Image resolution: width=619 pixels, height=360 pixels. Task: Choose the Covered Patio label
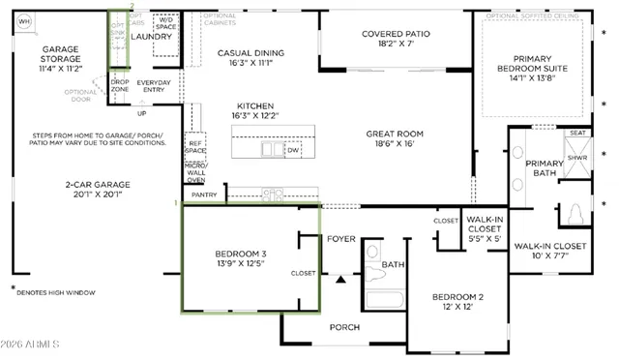tap(396, 39)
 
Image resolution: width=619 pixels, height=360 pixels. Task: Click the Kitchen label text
tap(255, 111)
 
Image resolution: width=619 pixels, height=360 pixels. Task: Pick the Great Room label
tap(397, 139)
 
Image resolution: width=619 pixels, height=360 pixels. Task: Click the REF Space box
tap(196, 146)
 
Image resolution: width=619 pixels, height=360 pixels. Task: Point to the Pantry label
tap(204, 195)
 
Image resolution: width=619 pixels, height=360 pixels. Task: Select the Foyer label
tap(341, 238)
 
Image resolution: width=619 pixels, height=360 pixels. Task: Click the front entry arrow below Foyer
tap(340, 280)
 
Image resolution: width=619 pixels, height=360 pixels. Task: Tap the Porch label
tap(344, 327)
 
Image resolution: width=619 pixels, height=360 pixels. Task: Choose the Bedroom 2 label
tap(457, 301)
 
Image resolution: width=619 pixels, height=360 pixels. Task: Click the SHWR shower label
tap(577, 158)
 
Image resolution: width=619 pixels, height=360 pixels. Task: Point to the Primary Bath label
tap(545, 168)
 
